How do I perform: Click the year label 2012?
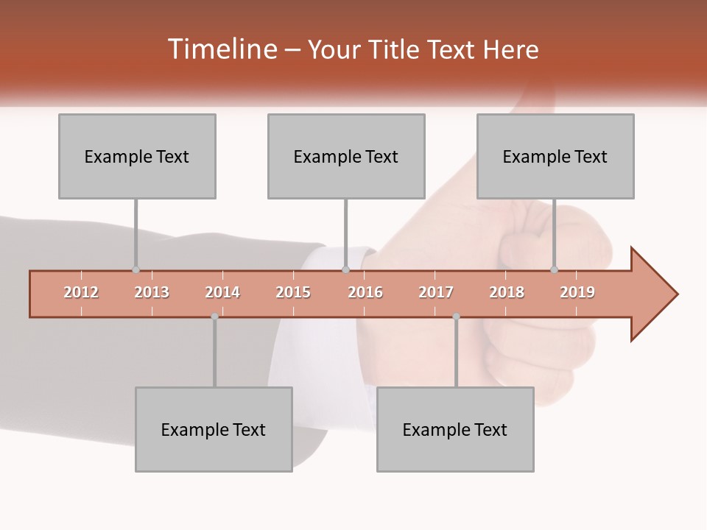(x=81, y=292)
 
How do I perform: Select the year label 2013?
(x=152, y=292)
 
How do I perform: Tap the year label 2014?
(x=222, y=292)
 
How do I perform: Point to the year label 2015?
(x=293, y=292)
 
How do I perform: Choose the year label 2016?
(x=365, y=292)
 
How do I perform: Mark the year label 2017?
(x=436, y=292)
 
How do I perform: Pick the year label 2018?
(x=507, y=292)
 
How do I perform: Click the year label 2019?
(x=577, y=292)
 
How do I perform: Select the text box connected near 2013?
(x=137, y=156)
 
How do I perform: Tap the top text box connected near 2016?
(x=346, y=156)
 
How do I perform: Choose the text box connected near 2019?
(x=555, y=156)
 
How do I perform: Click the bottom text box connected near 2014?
(x=214, y=429)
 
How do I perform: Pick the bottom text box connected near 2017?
(x=455, y=429)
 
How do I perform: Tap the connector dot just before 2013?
(x=136, y=270)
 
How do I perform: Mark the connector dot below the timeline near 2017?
(x=456, y=317)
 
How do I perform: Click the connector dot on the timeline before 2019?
(x=555, y=270)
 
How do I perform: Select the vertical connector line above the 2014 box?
(x=214, y=353)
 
